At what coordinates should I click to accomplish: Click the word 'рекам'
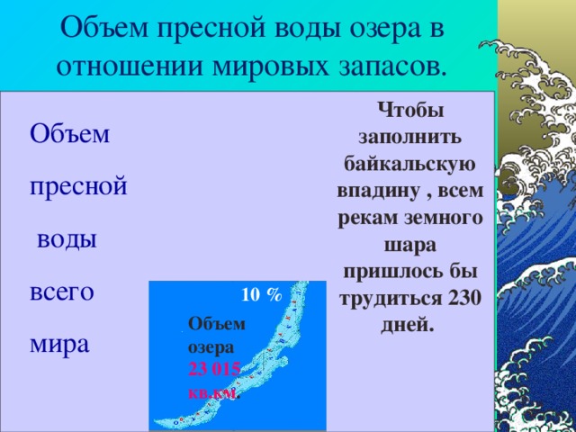(x=368, y=219)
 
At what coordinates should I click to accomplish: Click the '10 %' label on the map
(x=262, y=294)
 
